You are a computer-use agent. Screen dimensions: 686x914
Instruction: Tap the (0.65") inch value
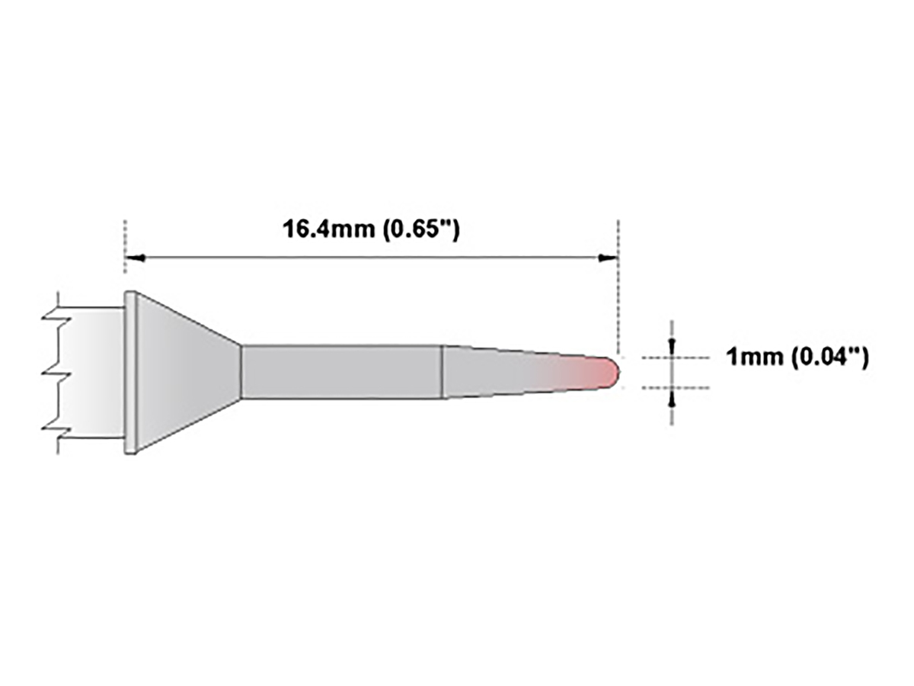(x=420, y=229)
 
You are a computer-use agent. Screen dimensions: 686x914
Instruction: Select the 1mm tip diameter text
(x=753, y=356)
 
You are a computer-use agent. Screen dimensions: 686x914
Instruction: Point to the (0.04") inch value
(x=829, y=356)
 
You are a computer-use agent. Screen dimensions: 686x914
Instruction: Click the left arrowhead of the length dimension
(x=134, y=258)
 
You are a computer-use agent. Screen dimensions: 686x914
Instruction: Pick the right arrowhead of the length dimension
(x=608, y=258)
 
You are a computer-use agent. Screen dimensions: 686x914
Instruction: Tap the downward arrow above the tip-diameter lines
(x=671, y=345)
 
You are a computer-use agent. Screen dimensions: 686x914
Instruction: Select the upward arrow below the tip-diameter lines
(x=671, y=399)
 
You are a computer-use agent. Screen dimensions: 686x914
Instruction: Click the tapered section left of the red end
(x=495, y=372)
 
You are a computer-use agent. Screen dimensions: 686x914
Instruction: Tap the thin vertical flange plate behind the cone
(x=130, y=372)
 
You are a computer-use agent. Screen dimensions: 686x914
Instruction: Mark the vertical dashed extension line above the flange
(x=124, y=244)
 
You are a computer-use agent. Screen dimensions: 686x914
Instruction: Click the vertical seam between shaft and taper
(x=443, y=372)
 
